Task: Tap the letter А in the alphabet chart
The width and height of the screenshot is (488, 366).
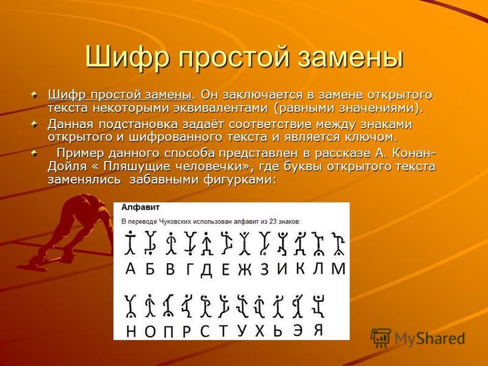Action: pos(131,268)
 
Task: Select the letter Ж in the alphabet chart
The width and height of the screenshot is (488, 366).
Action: pos(245,269)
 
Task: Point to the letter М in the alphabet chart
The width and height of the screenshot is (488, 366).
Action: pos(339,268)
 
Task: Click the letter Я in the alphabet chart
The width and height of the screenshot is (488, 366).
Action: pos(318,329)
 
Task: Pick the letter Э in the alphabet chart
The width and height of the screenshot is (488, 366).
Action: pos(298,330)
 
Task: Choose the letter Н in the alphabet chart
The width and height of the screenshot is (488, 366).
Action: pos(131,332)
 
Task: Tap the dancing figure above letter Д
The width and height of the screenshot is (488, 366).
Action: pos(206,243)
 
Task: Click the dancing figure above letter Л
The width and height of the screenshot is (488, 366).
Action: pos(318,243)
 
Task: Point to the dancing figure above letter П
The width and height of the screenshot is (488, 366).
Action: pos(168,306)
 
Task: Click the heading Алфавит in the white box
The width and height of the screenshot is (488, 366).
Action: pos(136,207)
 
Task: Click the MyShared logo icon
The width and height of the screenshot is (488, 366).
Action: pos(381,338)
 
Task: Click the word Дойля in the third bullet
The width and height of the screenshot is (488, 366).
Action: pos(67,167)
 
